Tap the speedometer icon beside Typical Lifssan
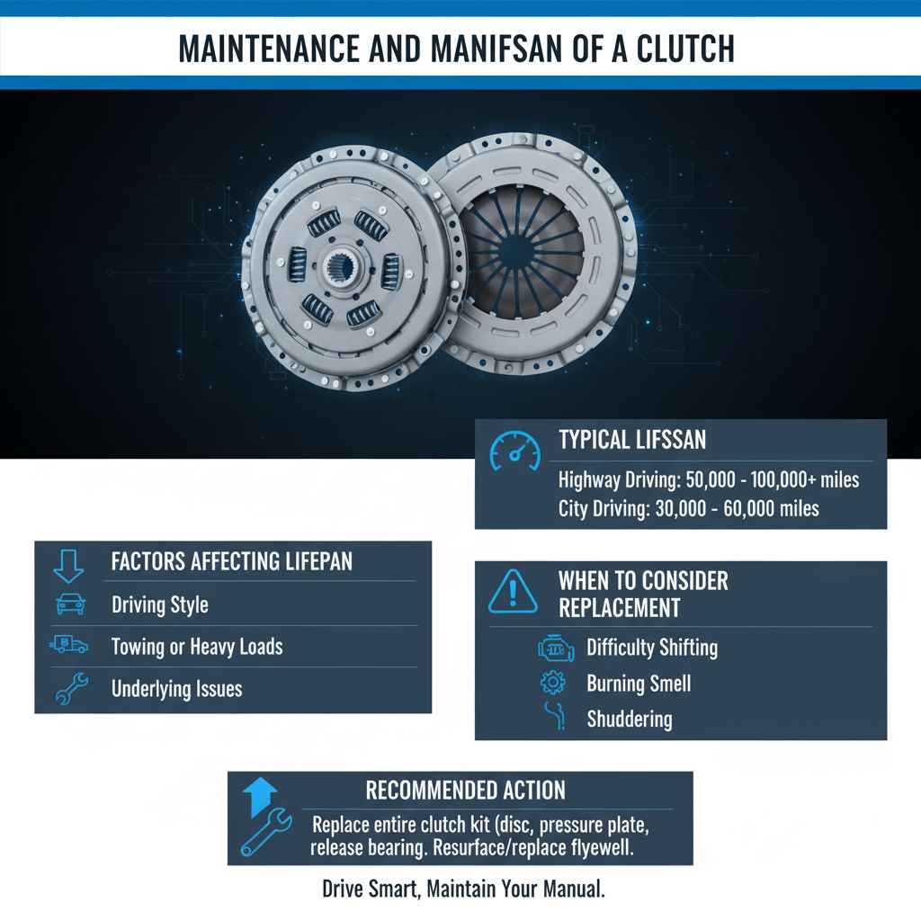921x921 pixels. pyautogui.click(x=514, y=450)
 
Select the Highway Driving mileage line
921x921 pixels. pyautogui.click(x=708, y=479)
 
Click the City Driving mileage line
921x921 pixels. pyautogui.click(x=688, y=508)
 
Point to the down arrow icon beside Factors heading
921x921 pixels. pyautogui.click(x=68, y=565)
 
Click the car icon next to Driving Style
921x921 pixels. pyautogui.click(x=71, y=604)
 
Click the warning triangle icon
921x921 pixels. pyautogui.click(x=513, y=593)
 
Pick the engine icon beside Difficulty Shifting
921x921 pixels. pyautogui.click(x=555, y=648)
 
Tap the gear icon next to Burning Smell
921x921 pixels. pyautogui.click(x=552, y=684)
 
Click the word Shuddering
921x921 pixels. pyautogui.click(x=629, y=720)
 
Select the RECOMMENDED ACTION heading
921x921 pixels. pyautogui.click(x=465, y=791)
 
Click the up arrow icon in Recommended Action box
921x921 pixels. pyautogui.click(x=261, y=795)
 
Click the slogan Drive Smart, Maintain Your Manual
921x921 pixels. pyautogui.click(x=463, y=890)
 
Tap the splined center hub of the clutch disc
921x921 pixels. pyautogui.click(x=345, y=267)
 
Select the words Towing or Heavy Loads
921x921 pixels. pyautogui.click(x=197, y=647)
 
